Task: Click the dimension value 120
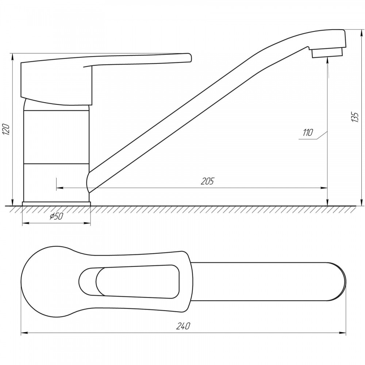click(x=6, y=130)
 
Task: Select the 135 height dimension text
click(x=355, y=117)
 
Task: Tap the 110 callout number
click(x=308, y=133)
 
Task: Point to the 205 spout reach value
click(x=207, y=181)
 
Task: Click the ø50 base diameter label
click(x=56, y=216)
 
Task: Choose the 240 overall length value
click(x=183, y=326)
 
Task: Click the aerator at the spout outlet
click(x=327, y=53)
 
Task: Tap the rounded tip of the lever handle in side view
click(x=190, y=58)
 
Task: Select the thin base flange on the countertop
click(x=56, y=204)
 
